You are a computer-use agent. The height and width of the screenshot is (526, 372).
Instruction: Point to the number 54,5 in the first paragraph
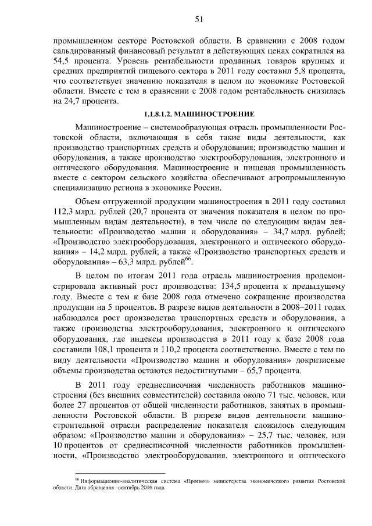point(62,60)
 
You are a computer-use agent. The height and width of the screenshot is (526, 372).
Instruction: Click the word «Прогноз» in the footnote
point(198,481)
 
